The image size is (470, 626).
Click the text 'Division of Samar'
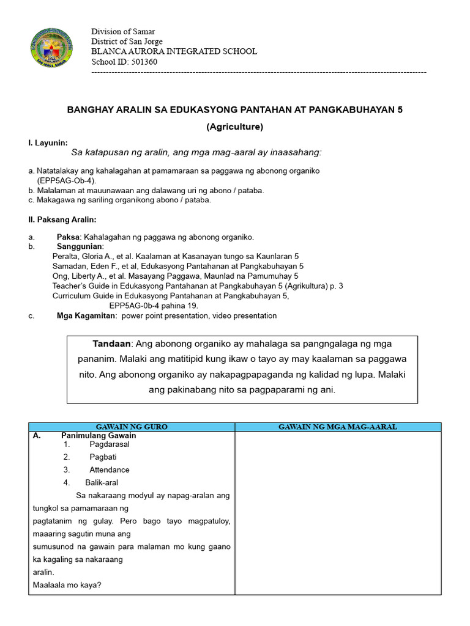coord(123,32)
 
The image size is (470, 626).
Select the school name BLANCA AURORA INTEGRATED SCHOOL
coord(174,51)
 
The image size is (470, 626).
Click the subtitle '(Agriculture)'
coord(234,127)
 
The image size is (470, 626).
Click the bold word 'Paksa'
coord(68,237)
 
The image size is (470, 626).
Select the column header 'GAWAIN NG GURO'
coord(132,427)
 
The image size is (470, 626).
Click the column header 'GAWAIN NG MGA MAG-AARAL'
coord(337,427)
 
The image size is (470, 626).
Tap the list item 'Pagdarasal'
coord(110,444)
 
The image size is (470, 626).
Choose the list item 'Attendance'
coord(110,469)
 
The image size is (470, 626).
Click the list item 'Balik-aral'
coord(102,482)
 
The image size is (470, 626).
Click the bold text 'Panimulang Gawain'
coord(99,436)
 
